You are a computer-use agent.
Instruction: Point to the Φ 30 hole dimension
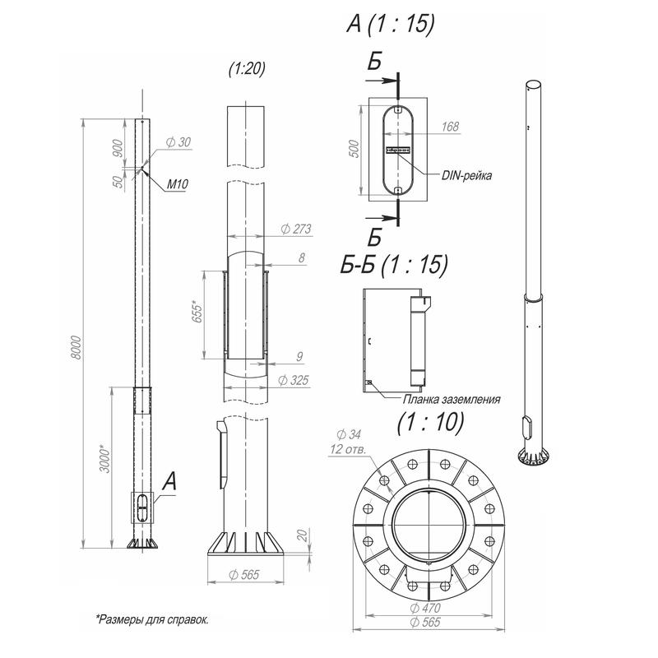(178, 143)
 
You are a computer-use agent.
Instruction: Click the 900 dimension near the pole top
(118, 149)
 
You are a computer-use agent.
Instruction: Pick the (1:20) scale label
(247, 70)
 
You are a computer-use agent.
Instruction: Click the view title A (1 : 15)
(390, 25)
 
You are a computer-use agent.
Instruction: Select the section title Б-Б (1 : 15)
(394, 264)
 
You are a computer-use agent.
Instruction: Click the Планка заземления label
(452, 399)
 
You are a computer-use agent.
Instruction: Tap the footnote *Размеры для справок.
(151, 618)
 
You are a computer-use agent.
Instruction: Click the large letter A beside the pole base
(169, 482)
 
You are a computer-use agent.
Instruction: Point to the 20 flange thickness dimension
(304, 535)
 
